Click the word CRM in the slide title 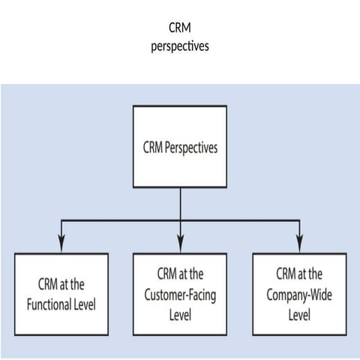179,28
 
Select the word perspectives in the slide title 179,45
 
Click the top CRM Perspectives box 180,146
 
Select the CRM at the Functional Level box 61,293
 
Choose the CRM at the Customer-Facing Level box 180,293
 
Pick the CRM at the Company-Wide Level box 298,293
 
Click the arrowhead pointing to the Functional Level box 61,242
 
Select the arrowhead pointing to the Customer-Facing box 180,242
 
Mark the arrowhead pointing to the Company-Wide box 298,242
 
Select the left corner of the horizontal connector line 61,220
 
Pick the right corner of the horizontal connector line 298,220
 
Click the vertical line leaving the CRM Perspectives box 180,203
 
